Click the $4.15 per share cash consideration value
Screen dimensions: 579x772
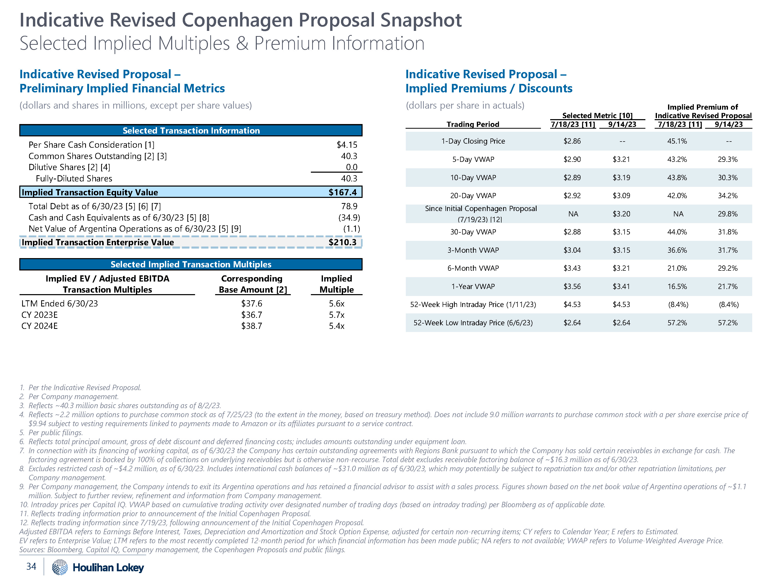(347, 145)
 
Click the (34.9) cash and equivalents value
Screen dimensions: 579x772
(349, 218)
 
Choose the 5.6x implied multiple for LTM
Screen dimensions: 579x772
(336, 304)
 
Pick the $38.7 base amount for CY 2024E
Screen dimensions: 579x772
(252, 326)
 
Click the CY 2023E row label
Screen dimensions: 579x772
(39, 315)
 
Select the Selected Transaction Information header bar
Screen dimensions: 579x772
(191, 130)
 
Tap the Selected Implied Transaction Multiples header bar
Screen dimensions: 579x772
(191, 264)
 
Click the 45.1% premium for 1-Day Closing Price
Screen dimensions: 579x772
(677, 141)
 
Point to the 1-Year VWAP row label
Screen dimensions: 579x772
(473, 286)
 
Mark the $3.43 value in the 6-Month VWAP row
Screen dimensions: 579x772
(572, 268)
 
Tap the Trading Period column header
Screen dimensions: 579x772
(473, 124)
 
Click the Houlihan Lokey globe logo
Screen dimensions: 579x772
(60, 567)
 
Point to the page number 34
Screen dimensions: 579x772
(31, 566)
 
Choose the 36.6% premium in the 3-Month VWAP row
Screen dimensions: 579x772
(677, 250)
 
